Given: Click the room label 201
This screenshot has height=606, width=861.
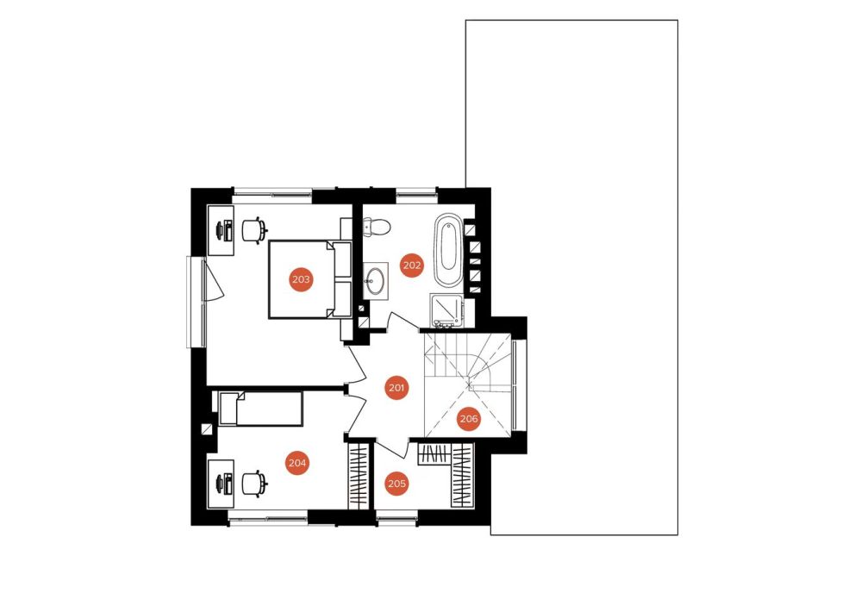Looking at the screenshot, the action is coord(396,388).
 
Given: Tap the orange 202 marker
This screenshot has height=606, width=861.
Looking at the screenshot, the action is coord(412,266).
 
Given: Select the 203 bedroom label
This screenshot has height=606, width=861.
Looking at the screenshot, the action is coord(301,279).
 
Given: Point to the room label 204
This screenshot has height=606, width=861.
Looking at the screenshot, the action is coord(297,463).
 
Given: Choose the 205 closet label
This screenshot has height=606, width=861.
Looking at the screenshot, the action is coord(397,484).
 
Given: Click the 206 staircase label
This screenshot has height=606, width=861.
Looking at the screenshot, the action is coord(469,419).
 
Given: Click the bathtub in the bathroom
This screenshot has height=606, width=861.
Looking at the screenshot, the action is coord(449,250).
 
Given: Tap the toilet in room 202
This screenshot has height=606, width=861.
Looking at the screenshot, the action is coord(377,226).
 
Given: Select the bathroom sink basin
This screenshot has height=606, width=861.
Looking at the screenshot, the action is coord(376,279).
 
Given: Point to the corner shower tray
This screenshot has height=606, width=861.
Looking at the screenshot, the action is coord(447,309).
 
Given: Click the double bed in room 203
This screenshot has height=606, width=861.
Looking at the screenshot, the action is coord(310,279).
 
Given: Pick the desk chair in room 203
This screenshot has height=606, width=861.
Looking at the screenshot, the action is coord(255,229).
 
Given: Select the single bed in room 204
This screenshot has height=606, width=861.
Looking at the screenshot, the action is coord(261,409).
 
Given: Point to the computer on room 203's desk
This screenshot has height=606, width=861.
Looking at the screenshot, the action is coord(226,229).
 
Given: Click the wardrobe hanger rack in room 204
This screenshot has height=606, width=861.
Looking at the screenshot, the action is coord(359,476).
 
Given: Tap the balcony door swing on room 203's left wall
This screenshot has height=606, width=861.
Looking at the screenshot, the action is coord(213,280).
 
